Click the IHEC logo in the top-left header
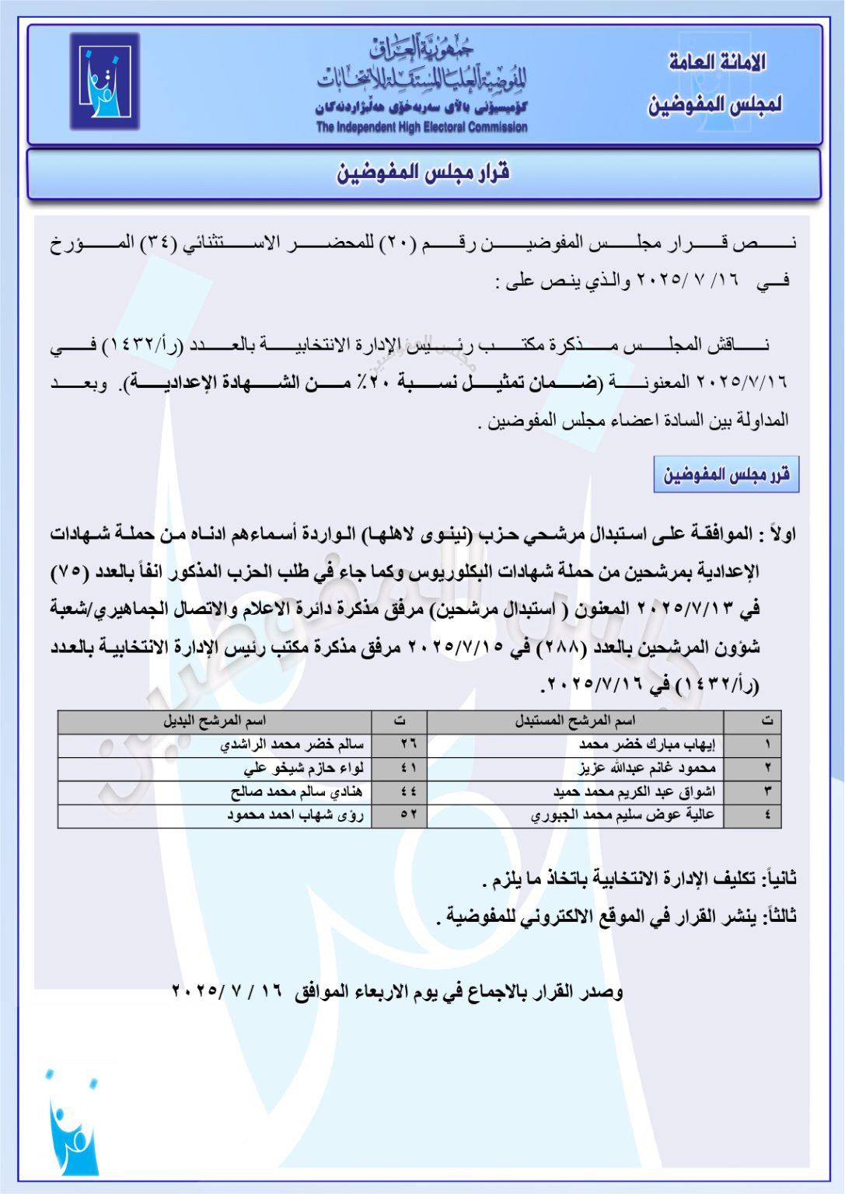(105, 81)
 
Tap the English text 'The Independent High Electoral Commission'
(421, 127)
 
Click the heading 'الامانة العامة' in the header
(717, 62)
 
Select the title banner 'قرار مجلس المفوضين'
(423, 173)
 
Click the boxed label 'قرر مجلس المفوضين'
(726, 474)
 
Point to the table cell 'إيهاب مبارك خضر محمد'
(647, 745)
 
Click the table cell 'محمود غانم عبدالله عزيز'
(647, 768)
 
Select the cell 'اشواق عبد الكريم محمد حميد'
(634, 791)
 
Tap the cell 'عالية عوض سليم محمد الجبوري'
(623, 815)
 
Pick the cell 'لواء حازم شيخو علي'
(303, 768)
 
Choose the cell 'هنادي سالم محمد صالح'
(296, 791)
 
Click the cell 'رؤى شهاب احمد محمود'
(295, 815)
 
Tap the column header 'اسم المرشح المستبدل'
(574, 721)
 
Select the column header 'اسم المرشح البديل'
(215, 721)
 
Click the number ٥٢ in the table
(408, 815)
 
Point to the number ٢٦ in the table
(408, 745)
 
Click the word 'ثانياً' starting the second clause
(779, 878)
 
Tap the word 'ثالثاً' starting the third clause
(780, 916)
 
